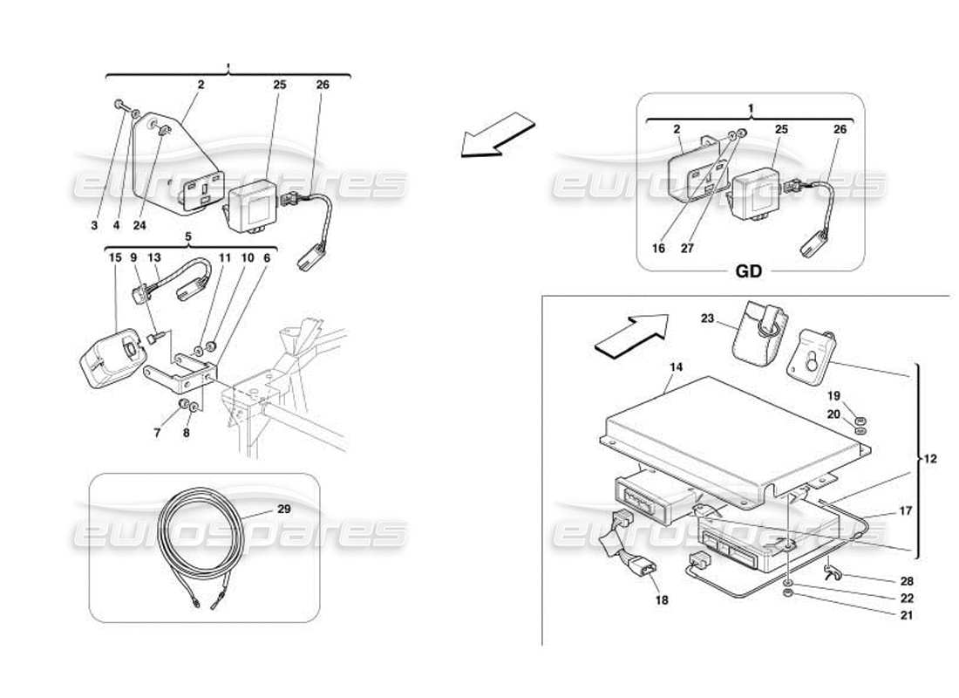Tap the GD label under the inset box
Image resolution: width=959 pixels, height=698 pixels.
(749, 271)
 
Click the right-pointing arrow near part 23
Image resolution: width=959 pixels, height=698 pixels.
(630, 334)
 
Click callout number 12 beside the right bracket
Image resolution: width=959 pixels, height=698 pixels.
(930, 459)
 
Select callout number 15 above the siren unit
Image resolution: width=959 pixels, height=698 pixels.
(115, 257)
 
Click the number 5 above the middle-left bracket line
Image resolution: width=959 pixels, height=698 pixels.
(187, 236)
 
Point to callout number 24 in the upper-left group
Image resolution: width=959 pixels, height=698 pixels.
(139, 225)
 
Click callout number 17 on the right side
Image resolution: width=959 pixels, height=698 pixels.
(906, 511)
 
